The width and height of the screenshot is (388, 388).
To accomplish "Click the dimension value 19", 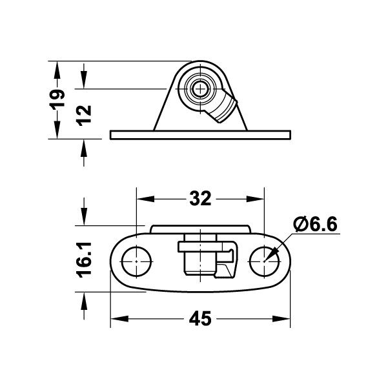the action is point(57,99).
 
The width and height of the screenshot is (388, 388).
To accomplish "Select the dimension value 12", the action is point(84,116).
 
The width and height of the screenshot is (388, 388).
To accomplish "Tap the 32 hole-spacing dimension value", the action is point(200,198).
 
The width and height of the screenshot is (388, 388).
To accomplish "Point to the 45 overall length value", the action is point(200,318).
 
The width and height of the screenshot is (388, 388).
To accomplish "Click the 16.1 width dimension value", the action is point(84,260).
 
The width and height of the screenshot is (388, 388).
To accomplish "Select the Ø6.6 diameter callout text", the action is point(315,224).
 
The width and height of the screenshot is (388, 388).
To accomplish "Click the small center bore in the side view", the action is point(200,88).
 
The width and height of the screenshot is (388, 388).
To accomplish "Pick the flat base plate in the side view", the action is point(200,135).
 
